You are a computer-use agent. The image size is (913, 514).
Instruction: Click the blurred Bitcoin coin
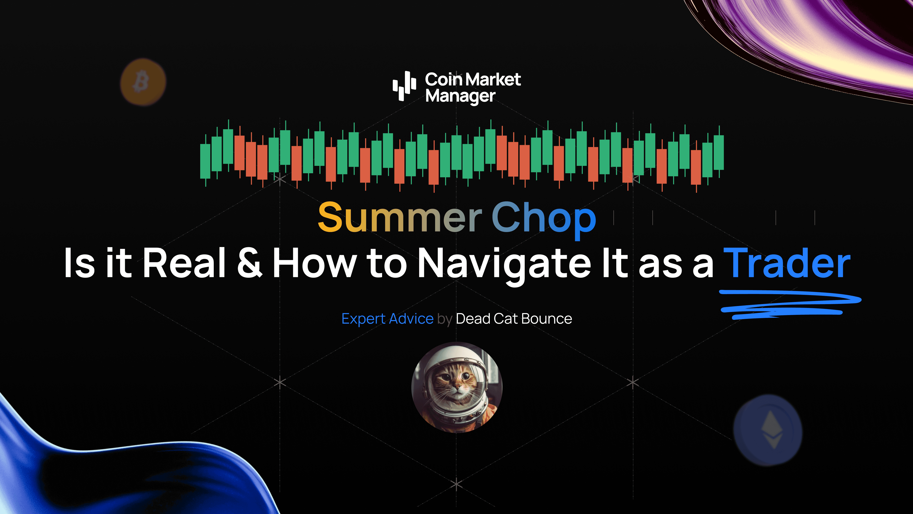(143, 82)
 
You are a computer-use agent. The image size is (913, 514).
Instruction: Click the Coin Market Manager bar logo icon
(404, 85)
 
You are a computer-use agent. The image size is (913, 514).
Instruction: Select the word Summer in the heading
(399, 217)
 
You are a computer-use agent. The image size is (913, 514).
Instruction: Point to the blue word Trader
(787, 263)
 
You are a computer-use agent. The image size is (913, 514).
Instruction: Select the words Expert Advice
(387, 319)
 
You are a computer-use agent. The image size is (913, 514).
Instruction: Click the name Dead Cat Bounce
(514, 319)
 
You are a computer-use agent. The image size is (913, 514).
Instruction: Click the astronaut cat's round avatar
(456, 387)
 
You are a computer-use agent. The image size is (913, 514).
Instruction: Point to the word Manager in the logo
(460, 96)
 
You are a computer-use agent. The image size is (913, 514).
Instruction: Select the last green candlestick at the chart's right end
(719, 153)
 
